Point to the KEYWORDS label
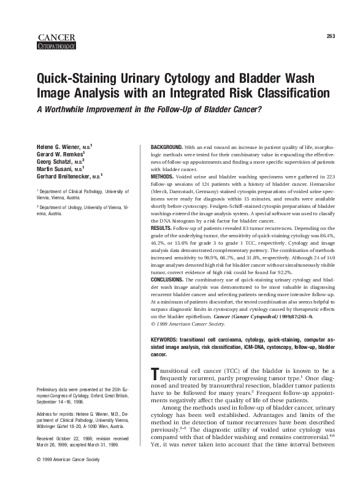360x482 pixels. click(165, 339)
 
